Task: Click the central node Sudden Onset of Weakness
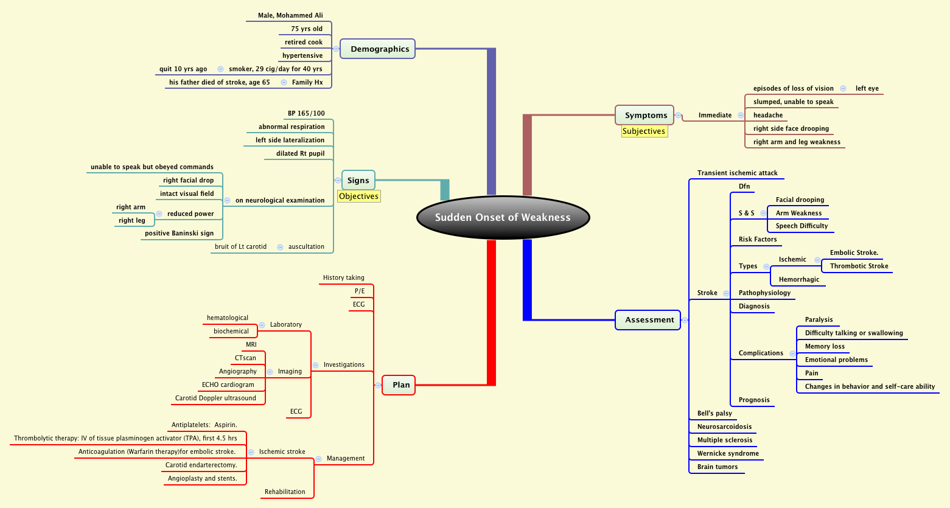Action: click(503, 218)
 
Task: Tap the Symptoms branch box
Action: click(644, 115)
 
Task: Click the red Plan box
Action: click(399, 385)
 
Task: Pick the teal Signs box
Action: click(358, 180)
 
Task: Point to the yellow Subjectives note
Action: click(644, 131)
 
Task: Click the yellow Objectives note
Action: click(359, 196)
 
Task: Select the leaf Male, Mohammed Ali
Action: click(290, 15)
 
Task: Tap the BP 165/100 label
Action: click(306, 113)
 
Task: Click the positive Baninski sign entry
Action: click(180, 233)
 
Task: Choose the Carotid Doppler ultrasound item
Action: click(215, 398)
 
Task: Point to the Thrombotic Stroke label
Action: click(859, 266)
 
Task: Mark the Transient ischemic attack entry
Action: click(737, 173)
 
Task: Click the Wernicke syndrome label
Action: click(728, 453)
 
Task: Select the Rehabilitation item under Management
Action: click(285, 492)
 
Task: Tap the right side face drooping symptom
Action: click(791, 128)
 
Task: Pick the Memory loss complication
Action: click(825, 346)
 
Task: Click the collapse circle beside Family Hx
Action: click(284, 82)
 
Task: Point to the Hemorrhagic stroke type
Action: click(798, 279)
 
